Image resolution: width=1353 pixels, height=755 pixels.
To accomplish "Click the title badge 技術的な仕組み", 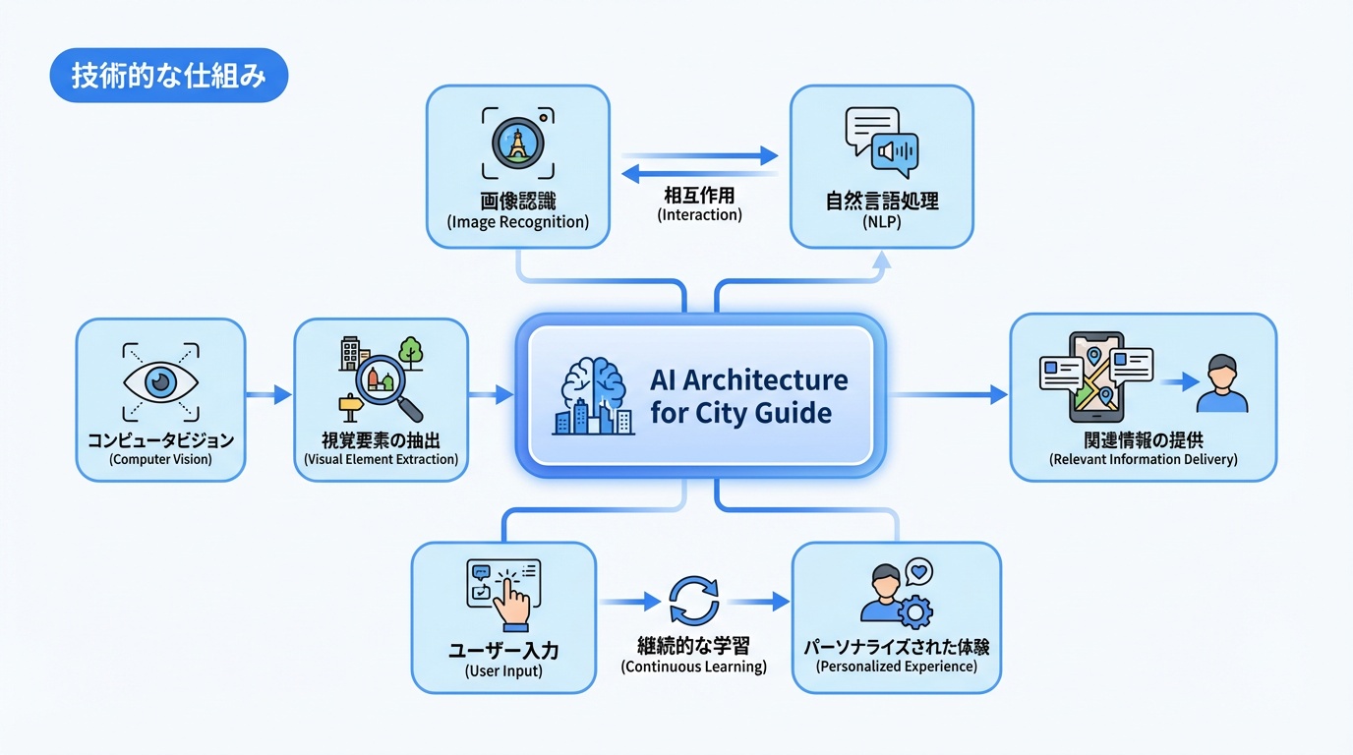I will pos(168,77).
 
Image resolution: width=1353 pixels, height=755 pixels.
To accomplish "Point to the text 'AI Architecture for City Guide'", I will pos(747,395).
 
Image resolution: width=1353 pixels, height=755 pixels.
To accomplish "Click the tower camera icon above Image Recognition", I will pos(518,144).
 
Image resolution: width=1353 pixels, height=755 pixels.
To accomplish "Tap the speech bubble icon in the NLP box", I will pos(881,143).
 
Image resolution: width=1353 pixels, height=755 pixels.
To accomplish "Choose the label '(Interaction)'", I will pos(699,214).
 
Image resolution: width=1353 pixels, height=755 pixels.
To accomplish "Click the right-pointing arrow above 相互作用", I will pos(699,155).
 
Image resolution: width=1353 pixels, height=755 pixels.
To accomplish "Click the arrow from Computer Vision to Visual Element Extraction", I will pos(268,395).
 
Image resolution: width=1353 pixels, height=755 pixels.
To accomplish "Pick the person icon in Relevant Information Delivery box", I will pos(1221,384).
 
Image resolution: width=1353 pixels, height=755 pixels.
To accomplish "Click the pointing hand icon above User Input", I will pos(506,594).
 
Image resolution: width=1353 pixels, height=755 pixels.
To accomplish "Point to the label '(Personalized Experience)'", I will pos(896,667).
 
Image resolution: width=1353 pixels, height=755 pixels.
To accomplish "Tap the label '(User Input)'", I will pos(503,672).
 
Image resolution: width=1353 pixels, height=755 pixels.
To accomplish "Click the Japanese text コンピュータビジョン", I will pos(160,439).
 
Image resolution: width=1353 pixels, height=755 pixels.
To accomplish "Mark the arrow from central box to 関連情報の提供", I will pos(948,395).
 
